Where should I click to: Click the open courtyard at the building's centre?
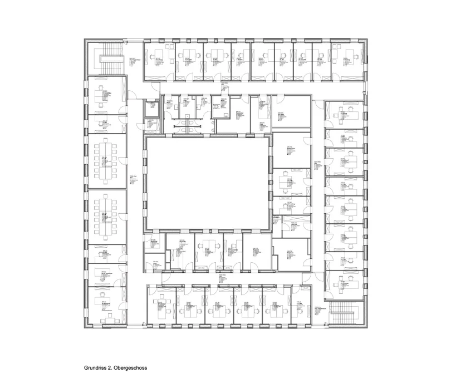(x=208, y=184)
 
